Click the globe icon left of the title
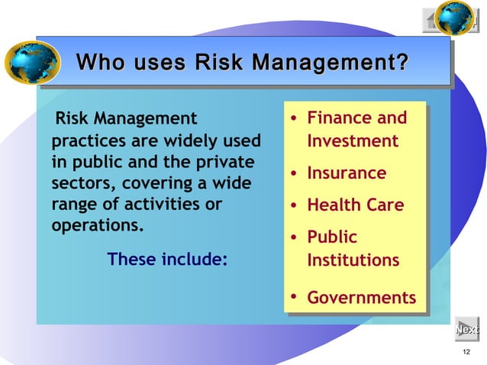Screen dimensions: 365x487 click(x=32, y=62)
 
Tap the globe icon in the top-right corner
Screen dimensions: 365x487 click(x=456, y=18)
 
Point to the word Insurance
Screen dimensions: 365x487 click(x=347, y=173)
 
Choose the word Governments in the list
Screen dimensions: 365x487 click(x=361, y=297)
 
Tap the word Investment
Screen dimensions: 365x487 click(x=353, y=141)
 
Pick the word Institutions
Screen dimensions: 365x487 click(x=353, y=260)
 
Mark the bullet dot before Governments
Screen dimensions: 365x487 click(x=293, y=297)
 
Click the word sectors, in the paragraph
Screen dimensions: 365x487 click(x=79, y=184)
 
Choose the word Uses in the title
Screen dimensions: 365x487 click(x=158, y=60)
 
